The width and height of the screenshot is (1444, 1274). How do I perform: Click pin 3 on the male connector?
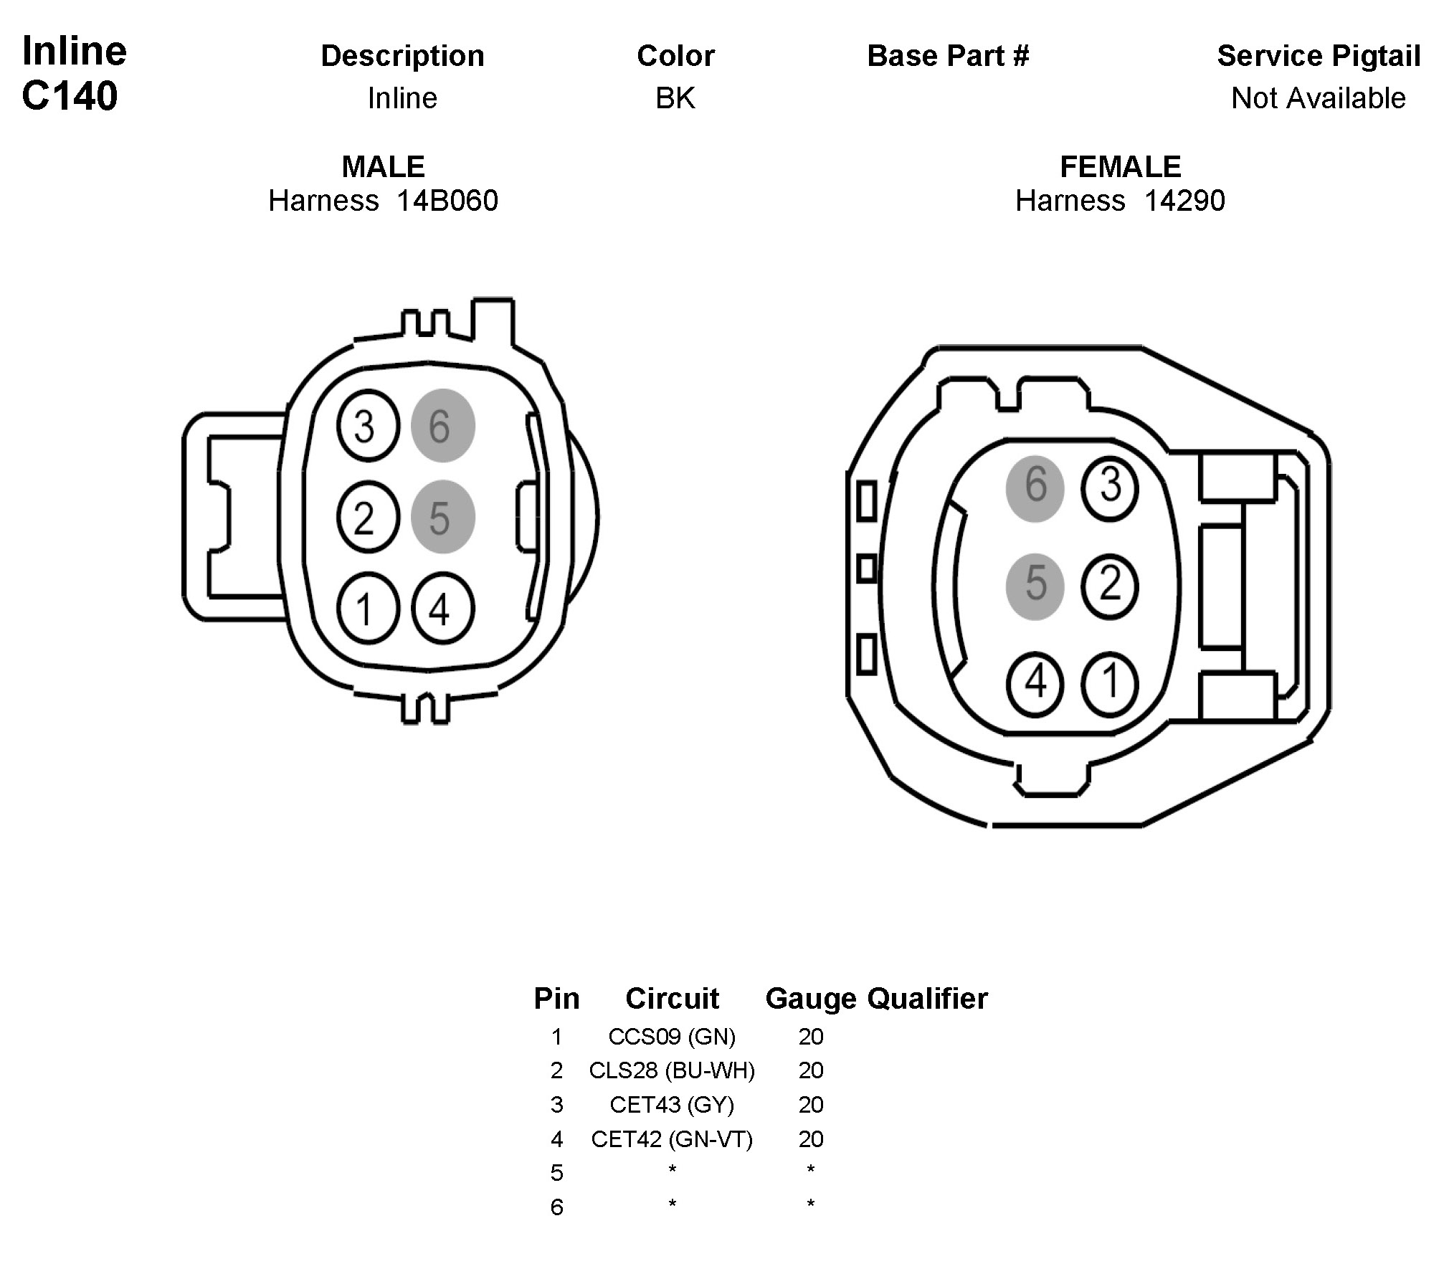(x=368, y=426)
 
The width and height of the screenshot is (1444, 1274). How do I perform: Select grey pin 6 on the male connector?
(x=442, y=426)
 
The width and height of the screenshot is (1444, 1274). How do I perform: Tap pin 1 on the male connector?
(x=368, y=609)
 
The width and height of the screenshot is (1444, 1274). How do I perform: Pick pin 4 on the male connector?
(x=442, y=609)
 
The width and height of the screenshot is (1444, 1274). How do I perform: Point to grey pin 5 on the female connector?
(x=1035, y=586)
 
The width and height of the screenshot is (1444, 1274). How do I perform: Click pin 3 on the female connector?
(x=1110, y=486)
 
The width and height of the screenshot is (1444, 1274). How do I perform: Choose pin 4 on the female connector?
(x=1035, y=683)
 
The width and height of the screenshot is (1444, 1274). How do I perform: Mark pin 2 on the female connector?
(x=1110, y=586)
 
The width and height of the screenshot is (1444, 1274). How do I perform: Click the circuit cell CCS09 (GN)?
(x=672, y=1037)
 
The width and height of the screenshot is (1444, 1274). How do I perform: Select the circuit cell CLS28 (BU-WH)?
(x=672, y=1070)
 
